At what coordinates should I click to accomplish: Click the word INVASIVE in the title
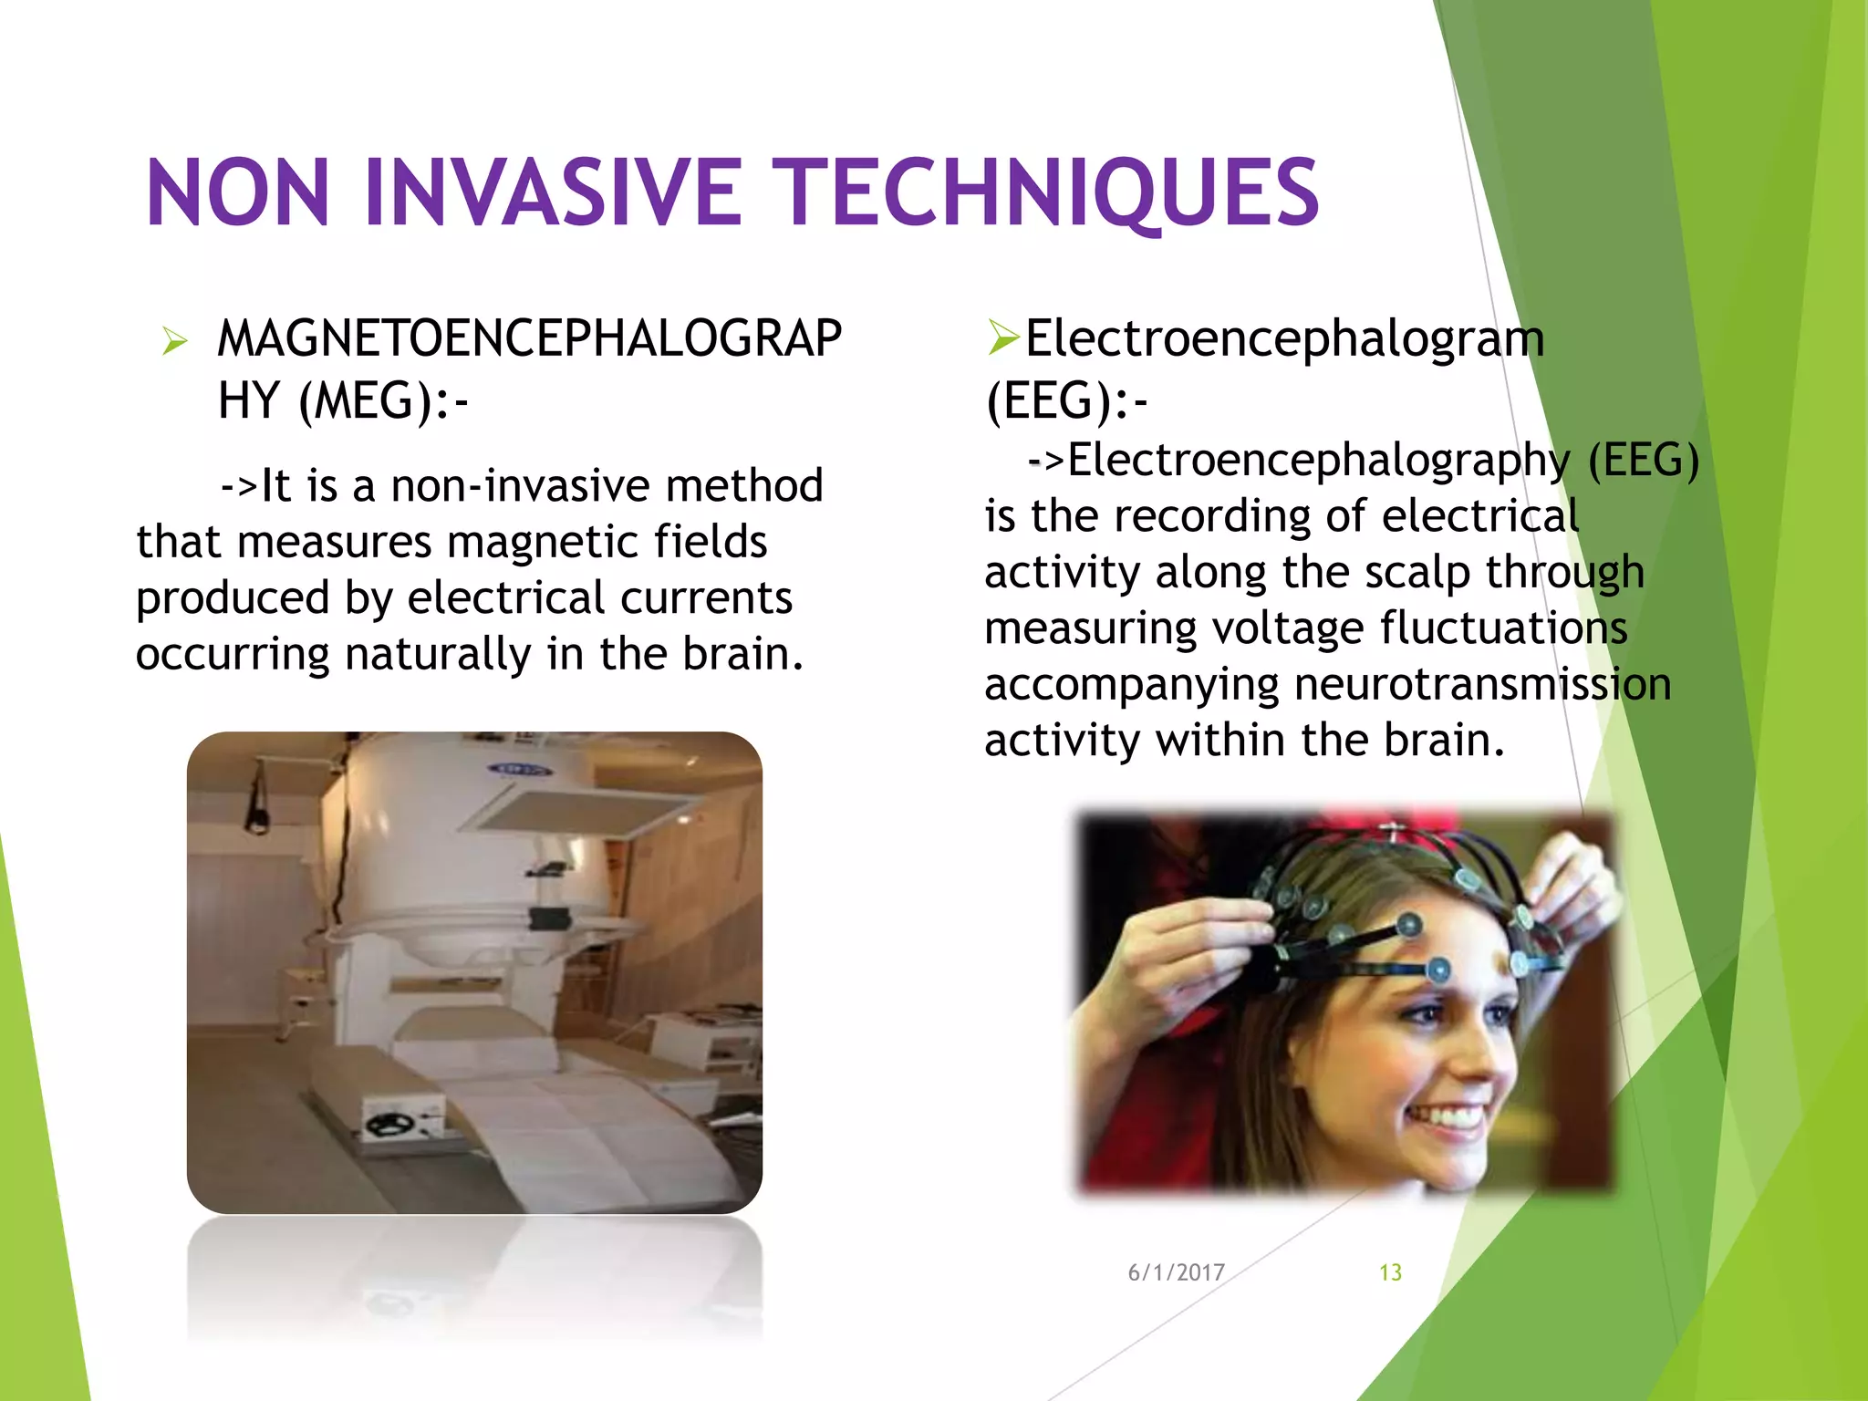554,192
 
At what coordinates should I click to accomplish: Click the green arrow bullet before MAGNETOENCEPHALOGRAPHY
173,342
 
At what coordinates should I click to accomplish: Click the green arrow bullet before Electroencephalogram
1002,338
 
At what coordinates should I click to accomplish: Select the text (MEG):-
383,401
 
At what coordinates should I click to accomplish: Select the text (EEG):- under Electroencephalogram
1065,401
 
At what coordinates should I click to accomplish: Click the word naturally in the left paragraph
438,654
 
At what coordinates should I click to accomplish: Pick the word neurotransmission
1482,684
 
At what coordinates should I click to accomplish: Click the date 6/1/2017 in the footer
1176,1272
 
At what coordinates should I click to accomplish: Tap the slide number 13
1390,1272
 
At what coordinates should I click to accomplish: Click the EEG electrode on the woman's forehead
1438,969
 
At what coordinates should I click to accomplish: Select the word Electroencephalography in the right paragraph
1318,460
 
